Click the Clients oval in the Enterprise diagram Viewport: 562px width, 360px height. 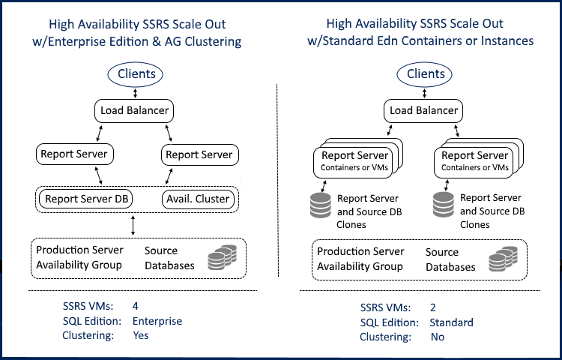(137, 73)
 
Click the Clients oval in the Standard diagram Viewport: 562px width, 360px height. (425, 73)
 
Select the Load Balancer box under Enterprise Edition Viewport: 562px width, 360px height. (136, 112)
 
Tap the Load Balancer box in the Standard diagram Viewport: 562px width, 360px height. (423, 112)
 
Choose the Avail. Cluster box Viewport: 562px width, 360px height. (197, 199)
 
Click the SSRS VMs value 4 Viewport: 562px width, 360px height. (136, 305)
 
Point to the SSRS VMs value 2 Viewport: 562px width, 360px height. (433, 307)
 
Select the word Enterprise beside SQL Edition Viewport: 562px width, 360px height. (157, 320)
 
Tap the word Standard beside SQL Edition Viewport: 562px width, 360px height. (451, 322)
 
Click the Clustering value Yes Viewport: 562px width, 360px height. (140, 335)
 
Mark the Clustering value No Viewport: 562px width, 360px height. (437, 337)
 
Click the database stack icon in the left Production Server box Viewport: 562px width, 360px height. (221, 258)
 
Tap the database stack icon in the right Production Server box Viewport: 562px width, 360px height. (501, 259)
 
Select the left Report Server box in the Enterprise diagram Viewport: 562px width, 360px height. (73, 155)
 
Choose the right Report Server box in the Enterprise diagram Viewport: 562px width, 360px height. (199, 155)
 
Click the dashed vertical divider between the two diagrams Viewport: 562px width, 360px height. (278, 187)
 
